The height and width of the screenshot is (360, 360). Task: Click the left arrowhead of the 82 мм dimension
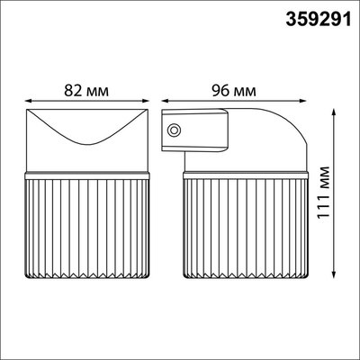26,101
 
